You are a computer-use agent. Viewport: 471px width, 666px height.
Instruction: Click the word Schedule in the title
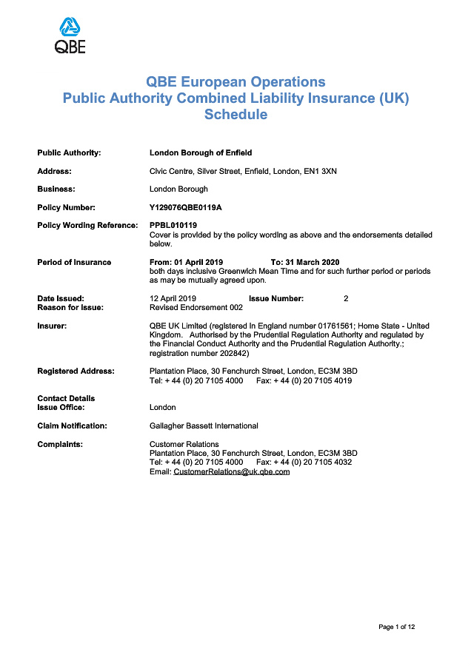[235, 115]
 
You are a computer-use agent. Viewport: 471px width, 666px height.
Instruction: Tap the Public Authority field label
[69, 152]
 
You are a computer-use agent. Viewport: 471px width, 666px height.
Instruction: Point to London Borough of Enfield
[201, 152]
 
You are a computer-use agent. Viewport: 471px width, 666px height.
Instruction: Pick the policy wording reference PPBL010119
[173, 225]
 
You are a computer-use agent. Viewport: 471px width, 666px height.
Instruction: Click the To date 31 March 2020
[316, 262]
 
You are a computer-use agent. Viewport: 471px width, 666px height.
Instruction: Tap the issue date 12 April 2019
[172, 298]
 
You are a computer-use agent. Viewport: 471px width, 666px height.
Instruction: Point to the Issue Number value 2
[346, 298]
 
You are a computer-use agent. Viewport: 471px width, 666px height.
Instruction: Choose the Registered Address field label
[76, 371]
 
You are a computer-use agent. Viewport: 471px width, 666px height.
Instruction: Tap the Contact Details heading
[66, 398]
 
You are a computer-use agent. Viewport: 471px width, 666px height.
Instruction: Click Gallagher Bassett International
[204, 425]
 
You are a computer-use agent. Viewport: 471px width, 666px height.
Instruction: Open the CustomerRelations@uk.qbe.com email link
[231, 471]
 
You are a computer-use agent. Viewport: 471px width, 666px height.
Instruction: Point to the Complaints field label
[60, 444]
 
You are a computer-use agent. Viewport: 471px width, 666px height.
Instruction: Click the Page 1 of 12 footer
[396, 627]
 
